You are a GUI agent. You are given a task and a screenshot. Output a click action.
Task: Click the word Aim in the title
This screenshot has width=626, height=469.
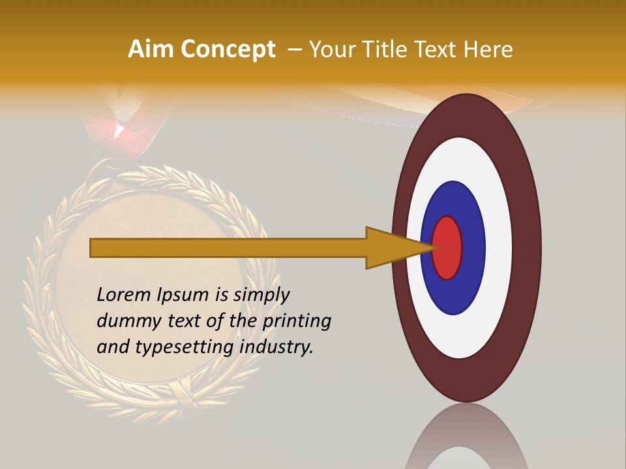pos(151,50)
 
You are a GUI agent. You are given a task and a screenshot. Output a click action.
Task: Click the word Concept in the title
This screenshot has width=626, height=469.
pos(228,50)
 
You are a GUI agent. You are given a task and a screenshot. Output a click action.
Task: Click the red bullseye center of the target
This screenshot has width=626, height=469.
pos(448,248)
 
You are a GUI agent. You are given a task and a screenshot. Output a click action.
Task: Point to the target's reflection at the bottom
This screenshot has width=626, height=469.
pos(466,440)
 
